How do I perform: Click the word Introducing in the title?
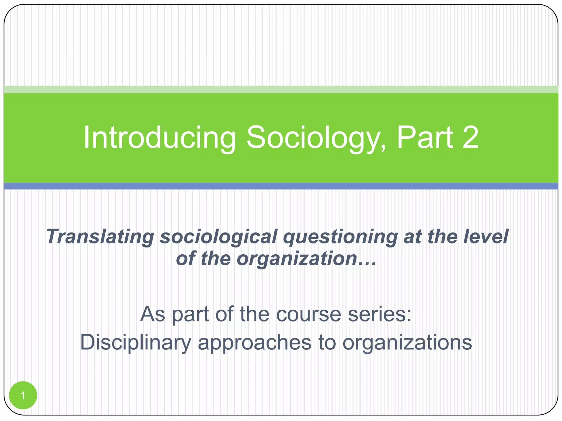click(159, 138)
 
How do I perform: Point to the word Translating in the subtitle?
click(100, 237)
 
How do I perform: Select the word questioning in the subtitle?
click(340, 237)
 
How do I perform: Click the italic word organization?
click(297, 258)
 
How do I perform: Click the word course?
click(308, 314)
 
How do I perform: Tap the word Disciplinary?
click(135, 343)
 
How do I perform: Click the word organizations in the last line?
click(407, 343)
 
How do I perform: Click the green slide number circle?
click(23, 395)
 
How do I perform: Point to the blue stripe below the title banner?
click(281, 186)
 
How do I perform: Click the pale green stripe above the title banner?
click(281, 89)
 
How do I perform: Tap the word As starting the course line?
click(153, 314)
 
